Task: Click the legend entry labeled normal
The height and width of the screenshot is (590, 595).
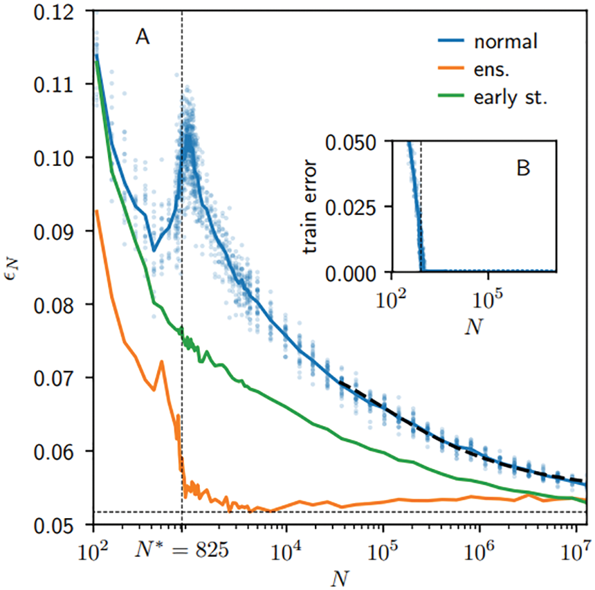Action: point(505,42)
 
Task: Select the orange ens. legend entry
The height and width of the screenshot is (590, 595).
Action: point(493,70)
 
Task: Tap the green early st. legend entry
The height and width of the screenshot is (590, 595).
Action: point(511,98)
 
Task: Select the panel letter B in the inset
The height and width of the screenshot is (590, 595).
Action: point(524,167)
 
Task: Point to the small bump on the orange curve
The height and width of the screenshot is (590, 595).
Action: point(162,362)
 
